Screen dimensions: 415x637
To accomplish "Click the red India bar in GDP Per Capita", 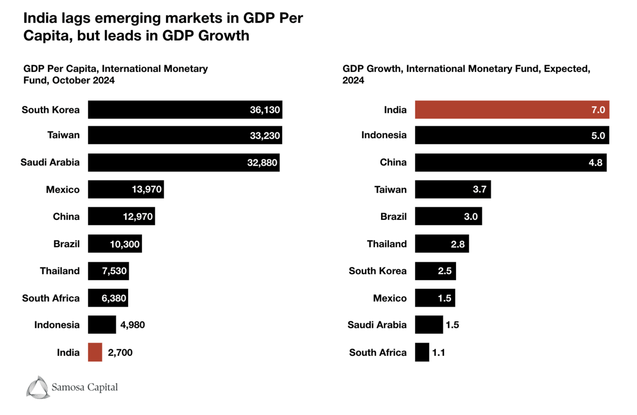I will (x=95, y=352).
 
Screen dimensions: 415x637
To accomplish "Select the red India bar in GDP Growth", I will (x=512, y=110).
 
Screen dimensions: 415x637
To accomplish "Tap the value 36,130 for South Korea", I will (x=265, y=110).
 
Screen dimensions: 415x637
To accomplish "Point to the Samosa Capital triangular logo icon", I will (x=37, y=387).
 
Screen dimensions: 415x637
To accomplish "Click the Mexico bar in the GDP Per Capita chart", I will (x=126, y=189).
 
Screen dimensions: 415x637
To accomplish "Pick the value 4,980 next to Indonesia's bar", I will (x=133, y=325).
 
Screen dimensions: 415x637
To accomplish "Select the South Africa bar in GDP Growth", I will (x=422, y=352).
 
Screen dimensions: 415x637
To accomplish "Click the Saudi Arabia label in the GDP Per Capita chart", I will (x=50, y=162).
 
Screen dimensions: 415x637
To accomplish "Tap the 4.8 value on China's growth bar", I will (x=596, y=162).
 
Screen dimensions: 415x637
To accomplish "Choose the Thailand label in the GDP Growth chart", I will (x=387, y=243).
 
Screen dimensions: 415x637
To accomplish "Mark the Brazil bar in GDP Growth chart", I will (x=448, y=216).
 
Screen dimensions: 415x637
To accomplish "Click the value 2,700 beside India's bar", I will (x=120, y=352).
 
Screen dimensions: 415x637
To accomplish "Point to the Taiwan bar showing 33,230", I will (x=185, y=135).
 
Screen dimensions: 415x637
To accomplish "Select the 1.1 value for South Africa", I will (x=438, y=352).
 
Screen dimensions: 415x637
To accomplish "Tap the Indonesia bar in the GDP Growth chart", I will (x=512, y=135).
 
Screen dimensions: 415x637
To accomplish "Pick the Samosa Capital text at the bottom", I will (x=84, y=387).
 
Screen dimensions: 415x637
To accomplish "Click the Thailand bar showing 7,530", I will (x=108, y=271).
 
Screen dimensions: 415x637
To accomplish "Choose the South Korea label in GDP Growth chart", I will (x=378, y=271).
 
